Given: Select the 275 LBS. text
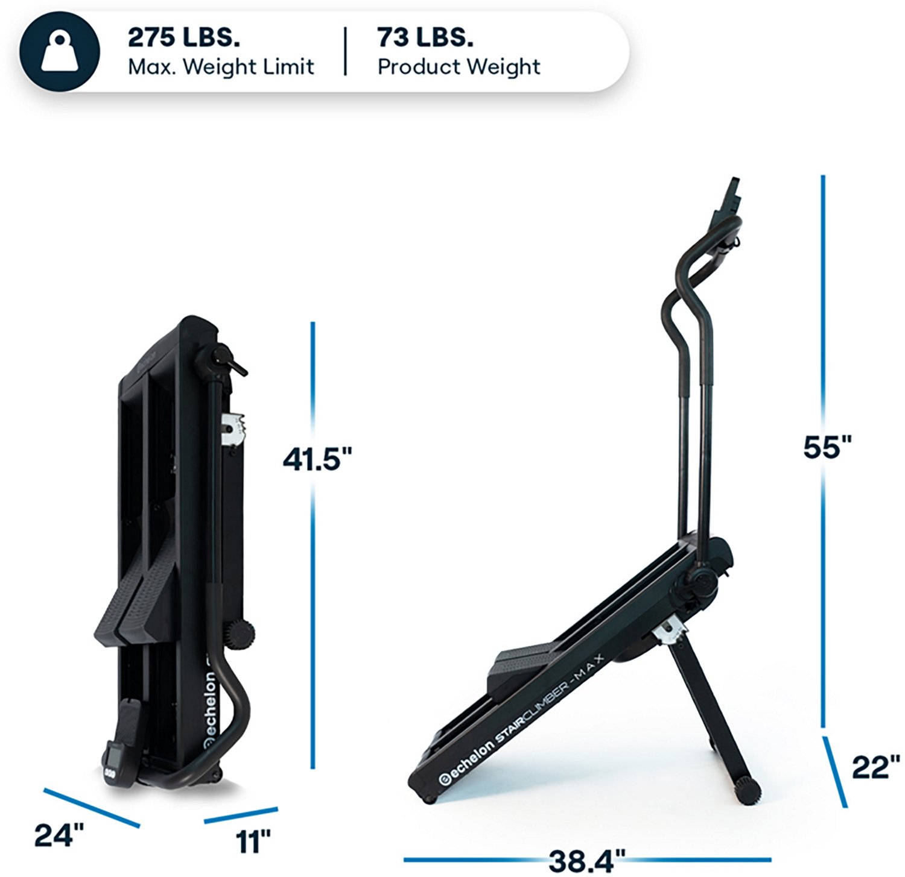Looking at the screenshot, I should (183, 37).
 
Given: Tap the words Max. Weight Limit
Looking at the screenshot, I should (221, 66).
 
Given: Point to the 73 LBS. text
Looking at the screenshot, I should (425, 37).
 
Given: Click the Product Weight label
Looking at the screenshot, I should (459, 66).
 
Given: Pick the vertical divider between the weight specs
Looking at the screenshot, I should (346, 51).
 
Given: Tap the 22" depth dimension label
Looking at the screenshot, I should (875, 768).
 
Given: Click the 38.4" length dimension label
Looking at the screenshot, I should (586, 861).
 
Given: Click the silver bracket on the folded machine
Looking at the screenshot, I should (235, 430).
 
